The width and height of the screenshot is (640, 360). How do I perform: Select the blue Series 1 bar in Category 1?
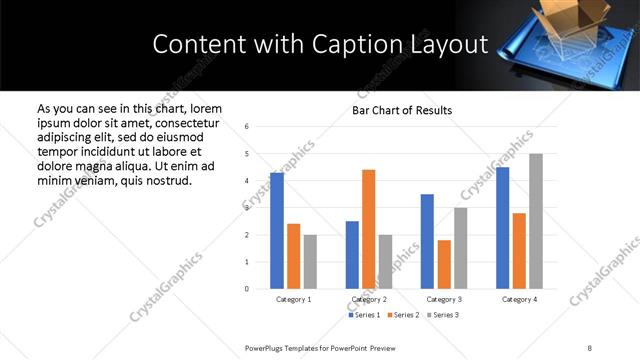(277, 230)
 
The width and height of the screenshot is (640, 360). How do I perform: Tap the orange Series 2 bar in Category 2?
(368, 229)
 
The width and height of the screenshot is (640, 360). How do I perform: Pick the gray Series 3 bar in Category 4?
(536, 221)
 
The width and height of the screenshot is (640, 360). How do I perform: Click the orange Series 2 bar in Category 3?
(444, 264)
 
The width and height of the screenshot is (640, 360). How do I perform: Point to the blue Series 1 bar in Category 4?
(502, 228)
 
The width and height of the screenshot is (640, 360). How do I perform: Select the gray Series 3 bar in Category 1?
(310, 261)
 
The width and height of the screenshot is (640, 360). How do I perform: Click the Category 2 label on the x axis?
(368, 299)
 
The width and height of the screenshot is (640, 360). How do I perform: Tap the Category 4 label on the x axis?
(519, 299)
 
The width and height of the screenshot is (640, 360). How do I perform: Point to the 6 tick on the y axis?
(247, 127)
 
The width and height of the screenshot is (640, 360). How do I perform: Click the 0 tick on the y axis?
(247, 289)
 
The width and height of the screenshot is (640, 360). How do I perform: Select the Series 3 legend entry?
(443, 315)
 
